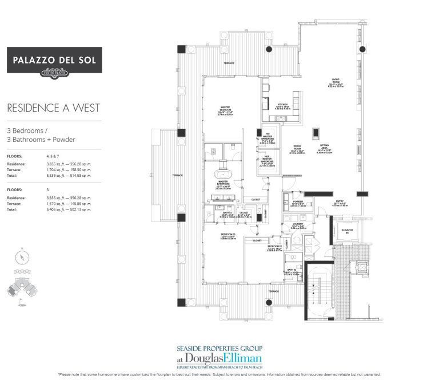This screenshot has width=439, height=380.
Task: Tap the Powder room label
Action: click(x=297, y=202)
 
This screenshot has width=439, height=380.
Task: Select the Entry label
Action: click(x=339, y=202)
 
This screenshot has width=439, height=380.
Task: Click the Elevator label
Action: click(x=347, y=231)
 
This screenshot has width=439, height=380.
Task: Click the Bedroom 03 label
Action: click(x=228, y=235)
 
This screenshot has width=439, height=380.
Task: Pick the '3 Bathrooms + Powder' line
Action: click(x=41, y=139)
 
